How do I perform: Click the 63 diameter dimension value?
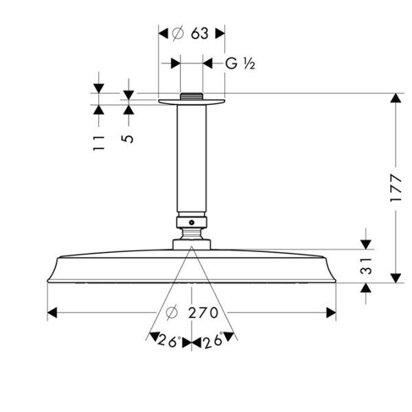(x=201, y=32)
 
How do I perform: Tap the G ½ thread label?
(x=240, y=64)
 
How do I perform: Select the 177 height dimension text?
(x=395, y=187)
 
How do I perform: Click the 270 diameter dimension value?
(x=203, y=313)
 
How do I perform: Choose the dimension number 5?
(x=128, y=138)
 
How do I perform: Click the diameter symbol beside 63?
(x=177, y=32)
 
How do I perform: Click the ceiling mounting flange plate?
(x=192, y=102)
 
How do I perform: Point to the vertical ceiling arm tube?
(x=192, y=158)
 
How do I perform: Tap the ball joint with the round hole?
(x=192, y=222)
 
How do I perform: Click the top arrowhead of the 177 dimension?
(x=395, y=98)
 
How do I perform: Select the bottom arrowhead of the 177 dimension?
(x=395, y=277)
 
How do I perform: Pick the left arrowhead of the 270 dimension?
(x=52, y=313)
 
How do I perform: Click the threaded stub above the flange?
(x=192, y=95)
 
